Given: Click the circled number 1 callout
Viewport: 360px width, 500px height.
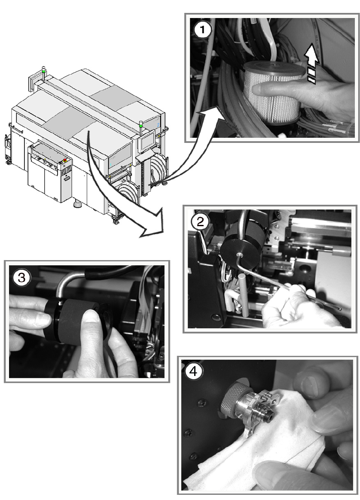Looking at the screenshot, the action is [x=202, y=30].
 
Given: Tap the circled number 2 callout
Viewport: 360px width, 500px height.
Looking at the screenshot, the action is [x=200, y=221].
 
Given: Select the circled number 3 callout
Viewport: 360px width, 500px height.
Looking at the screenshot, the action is [x=21, y=277].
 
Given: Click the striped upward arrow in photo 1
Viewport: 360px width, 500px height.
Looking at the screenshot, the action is [x=311, y=64].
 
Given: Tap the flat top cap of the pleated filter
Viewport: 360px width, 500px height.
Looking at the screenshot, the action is [x=274, y=69].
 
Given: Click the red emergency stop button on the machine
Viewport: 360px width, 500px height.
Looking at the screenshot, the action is [x=65, y=160].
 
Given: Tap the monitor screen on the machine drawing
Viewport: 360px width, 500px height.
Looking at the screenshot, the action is [x=147, y=141].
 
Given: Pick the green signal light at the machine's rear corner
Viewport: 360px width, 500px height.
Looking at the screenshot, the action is [x=44, y=69].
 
